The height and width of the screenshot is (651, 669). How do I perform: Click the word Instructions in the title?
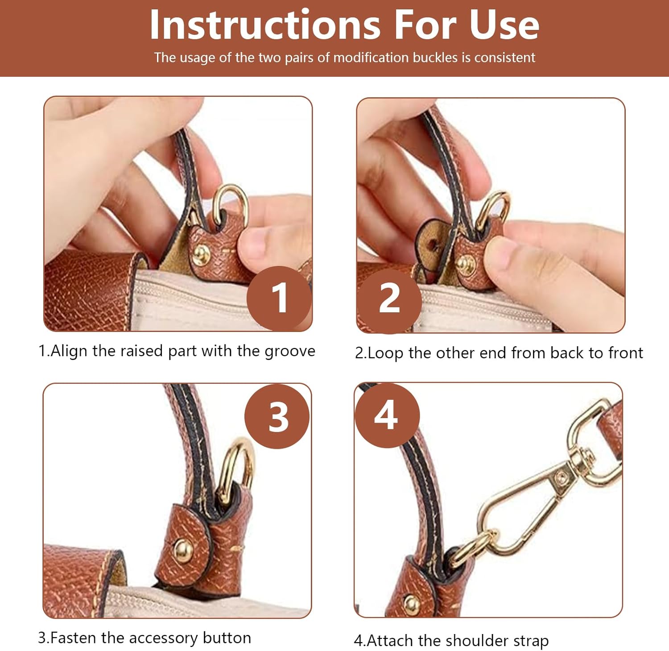pos(265,25)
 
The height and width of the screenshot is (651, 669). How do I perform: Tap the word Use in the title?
pos(504,25)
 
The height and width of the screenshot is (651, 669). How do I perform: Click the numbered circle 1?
pos(279,298)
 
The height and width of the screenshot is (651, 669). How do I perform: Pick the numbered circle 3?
pos(277,416)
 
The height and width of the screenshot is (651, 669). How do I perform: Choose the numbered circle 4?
pos(387,415)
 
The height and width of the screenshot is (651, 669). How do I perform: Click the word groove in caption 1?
pos(290,352)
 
